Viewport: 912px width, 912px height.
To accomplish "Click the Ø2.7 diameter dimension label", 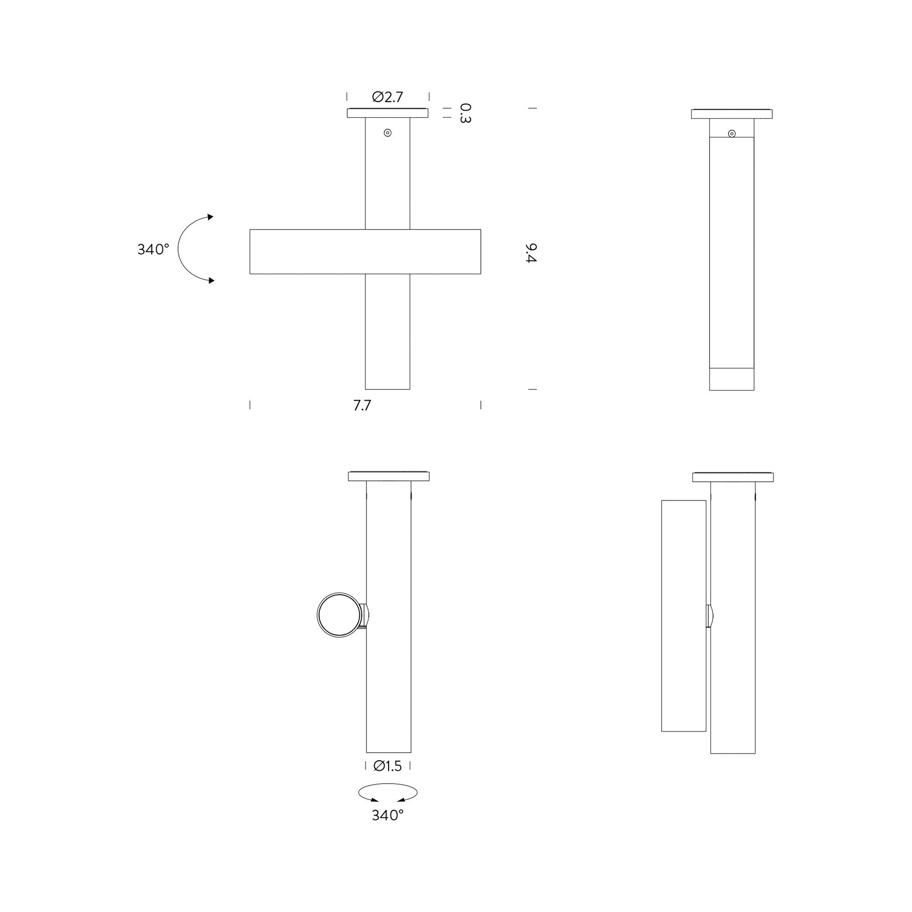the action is click(388, 97).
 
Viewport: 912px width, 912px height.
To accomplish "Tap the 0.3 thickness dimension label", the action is click(465, 113).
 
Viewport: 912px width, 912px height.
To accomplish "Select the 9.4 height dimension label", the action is click(531, 254).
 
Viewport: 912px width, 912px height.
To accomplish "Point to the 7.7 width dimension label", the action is click(362, 405).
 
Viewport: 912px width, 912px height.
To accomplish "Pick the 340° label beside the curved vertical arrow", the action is click(153, 249).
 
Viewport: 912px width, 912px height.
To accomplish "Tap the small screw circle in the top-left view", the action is click(388, 133).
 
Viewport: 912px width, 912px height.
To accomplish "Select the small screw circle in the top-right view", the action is click(732, 134).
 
